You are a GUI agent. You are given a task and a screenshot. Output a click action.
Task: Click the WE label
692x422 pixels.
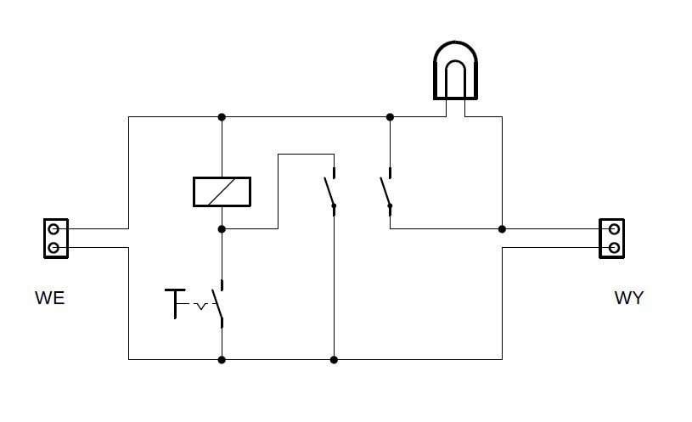pyautogui.click(x=50, y=298)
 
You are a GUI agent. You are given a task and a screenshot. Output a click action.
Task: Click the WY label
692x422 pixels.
pyautogui.click(x=629, y=298)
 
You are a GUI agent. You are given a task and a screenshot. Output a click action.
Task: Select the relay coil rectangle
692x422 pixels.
pyautogui.click(x=222, y=192)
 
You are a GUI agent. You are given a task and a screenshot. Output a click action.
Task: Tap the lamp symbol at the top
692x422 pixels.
pyautogui.click(x=455, y=70)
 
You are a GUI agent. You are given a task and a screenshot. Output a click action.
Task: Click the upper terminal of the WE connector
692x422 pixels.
pyautogui.click(x=53, y=229)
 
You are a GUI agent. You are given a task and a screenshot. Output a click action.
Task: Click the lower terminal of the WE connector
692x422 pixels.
pyautogui.click(x=53, y=248)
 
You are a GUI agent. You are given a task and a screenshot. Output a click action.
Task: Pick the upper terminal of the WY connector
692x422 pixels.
pyautogui.click(x=614, y=229)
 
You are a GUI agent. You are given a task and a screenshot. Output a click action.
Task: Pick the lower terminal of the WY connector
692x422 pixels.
pyautogui.click(x=614, y=248)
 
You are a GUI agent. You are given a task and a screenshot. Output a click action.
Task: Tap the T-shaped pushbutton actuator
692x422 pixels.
pyautogui.click(x=175, y=303)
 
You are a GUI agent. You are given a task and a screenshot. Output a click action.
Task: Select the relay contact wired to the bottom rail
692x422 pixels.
pyautogui.click(x=329, y=192)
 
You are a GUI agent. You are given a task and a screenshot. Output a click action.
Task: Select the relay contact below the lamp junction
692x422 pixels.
pyautogui.click(x=385, y=192)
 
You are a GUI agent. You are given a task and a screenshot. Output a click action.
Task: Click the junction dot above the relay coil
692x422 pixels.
pyautogui.click(x=222, y=117)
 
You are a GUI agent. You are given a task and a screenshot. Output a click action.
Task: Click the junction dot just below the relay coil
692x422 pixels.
pyautogui.click(x=222, y=229)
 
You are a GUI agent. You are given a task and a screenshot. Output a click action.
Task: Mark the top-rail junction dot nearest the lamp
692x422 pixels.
pyautogui.click(x=390, y=117)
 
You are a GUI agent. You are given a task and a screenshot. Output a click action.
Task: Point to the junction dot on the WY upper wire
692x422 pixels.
pyautogui.click(x=502, y=229)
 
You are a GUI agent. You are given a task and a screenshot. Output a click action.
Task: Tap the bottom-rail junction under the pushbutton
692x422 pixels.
pyautogui.click(x=222, y=360)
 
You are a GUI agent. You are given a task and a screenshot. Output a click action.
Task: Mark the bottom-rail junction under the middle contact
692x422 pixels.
pyautogui.click(x=334, y=360)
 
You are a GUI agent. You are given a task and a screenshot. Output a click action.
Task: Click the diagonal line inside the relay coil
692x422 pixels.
pyautogui.click(x=221, y=192)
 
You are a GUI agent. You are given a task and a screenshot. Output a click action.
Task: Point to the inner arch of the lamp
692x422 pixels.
pyautogui.click(x=455, y=61)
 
